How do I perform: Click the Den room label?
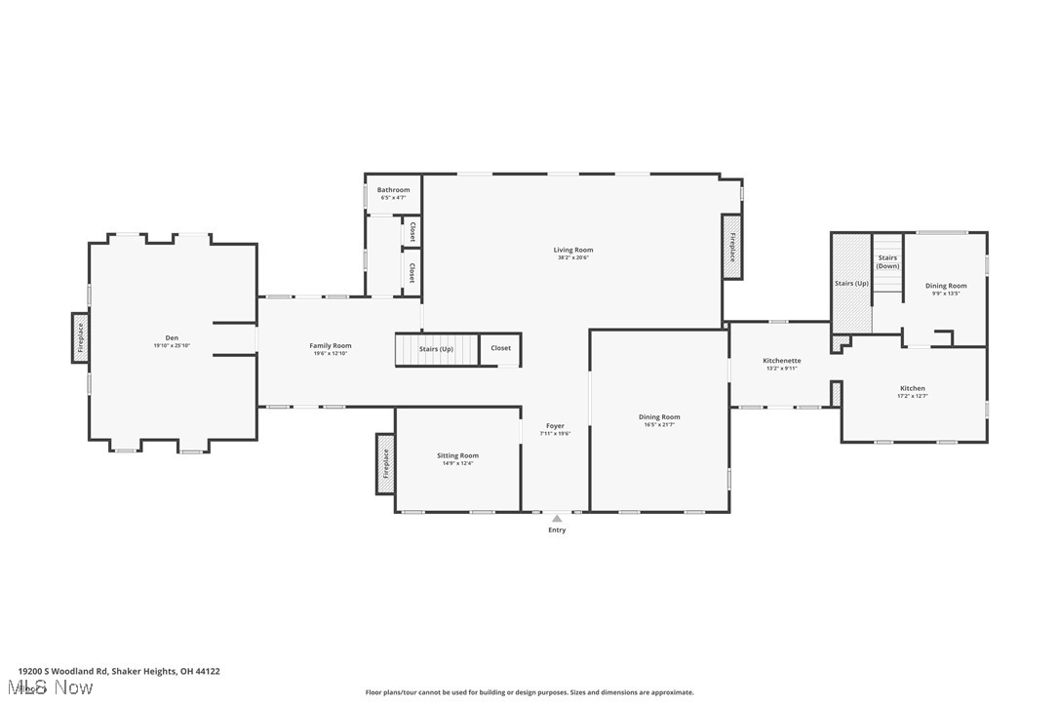(172, 338)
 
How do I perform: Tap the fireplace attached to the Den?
(81, 337)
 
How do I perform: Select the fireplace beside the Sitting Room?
(385, 462)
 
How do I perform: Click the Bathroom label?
(394, 190)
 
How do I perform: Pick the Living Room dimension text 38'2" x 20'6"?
(573, 257)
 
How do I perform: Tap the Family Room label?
(331, 345)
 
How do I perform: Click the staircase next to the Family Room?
(437, 349)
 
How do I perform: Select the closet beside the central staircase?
(500, 348)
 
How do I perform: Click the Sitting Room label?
(457, 455)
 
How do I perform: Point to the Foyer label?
(555, 426)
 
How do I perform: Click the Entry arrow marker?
(557, 519)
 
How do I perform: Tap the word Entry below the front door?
(557, 530)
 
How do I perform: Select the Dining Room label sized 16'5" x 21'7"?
(660, 417)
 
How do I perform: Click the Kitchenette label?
(781, 361)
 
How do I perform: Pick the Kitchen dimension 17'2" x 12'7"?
(912, 396)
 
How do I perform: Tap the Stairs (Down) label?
(887, 262)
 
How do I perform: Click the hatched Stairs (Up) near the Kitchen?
(850, 283)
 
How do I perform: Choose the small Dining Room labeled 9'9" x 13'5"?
(946, 286)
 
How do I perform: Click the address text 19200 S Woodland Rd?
(64, 671)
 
